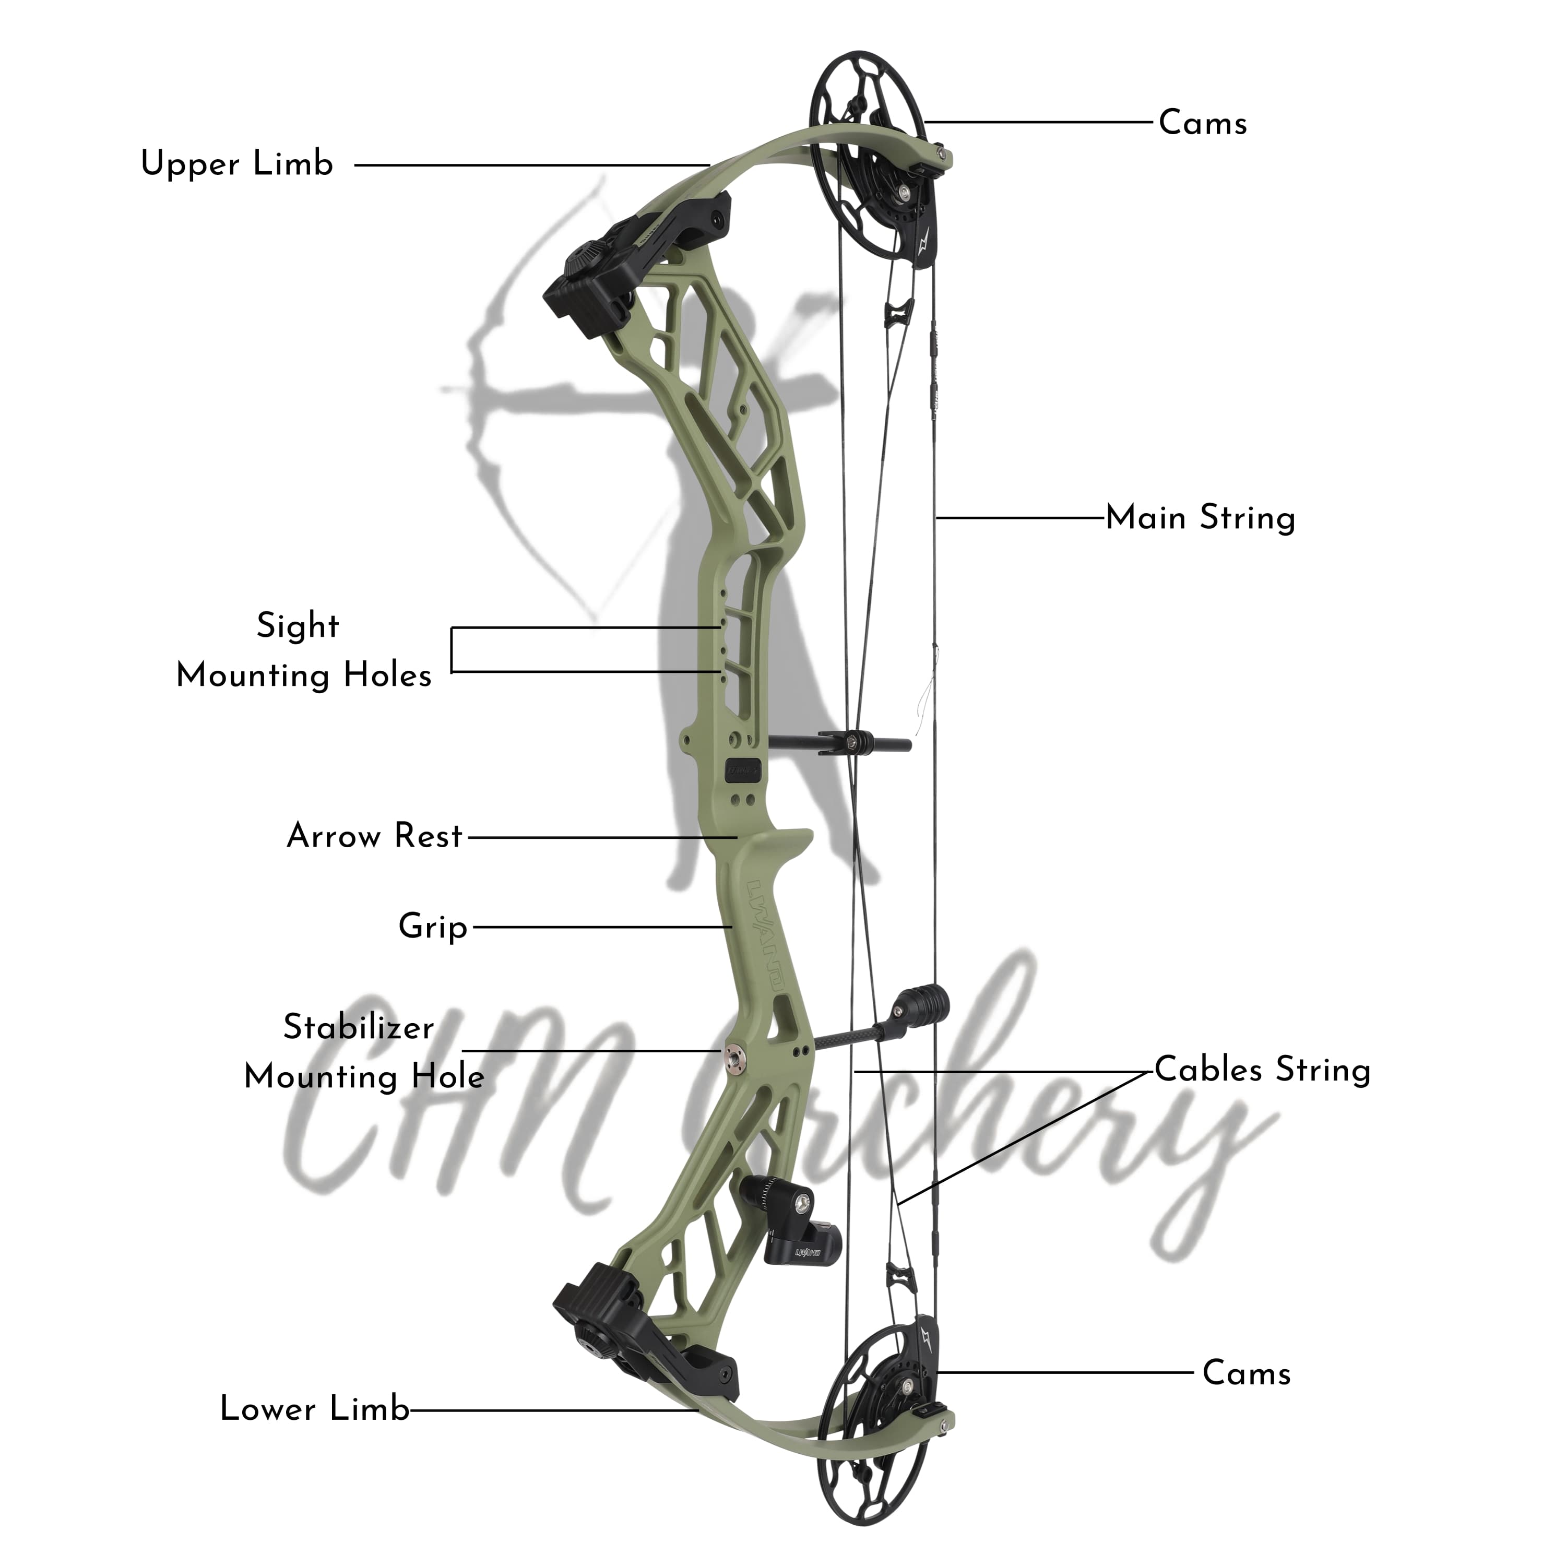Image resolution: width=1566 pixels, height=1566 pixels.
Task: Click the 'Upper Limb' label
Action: point(236,164)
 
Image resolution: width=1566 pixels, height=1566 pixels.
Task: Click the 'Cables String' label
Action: point(1262,1070)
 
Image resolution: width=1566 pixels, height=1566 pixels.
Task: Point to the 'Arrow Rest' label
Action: point(374,836)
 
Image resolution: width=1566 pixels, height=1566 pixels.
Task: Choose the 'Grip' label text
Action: point(433,927)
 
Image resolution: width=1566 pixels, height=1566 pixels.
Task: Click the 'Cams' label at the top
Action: point(1203,123)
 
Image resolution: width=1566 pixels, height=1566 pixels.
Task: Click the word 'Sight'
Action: point(298,626)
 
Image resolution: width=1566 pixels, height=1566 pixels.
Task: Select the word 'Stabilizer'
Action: point(358,1028)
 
